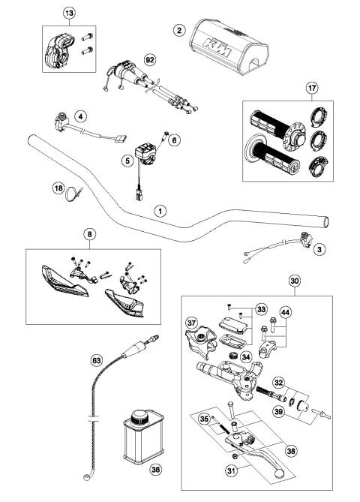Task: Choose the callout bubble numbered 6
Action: pos(174,139)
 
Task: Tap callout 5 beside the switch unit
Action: pos(127,160)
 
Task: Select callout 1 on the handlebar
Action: pos(159,212)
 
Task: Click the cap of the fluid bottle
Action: pos(139,414)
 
